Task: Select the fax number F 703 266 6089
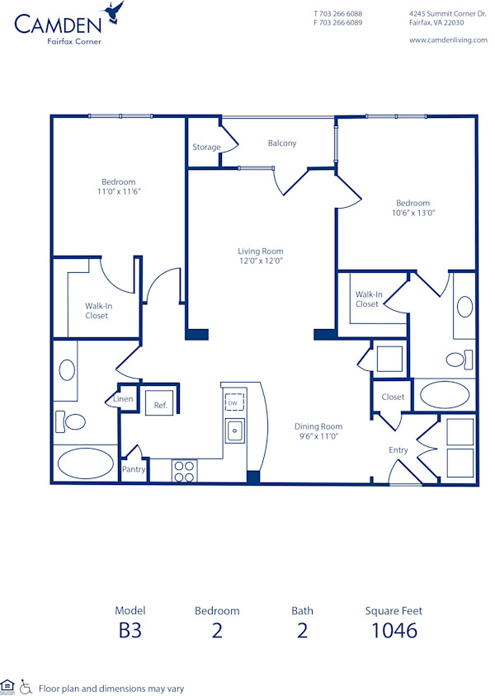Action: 337,23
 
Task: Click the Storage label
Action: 206,148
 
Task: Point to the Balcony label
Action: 282,143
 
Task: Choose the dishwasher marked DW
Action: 235,402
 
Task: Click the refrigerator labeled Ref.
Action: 161,405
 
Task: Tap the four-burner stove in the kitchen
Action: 184,470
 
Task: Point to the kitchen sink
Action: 235,430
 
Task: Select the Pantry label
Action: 134,469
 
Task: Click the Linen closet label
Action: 123,399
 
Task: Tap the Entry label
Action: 398,450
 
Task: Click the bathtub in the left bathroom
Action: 86,463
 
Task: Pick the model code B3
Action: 130,631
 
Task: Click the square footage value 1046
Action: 394,631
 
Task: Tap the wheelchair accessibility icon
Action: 26,686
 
